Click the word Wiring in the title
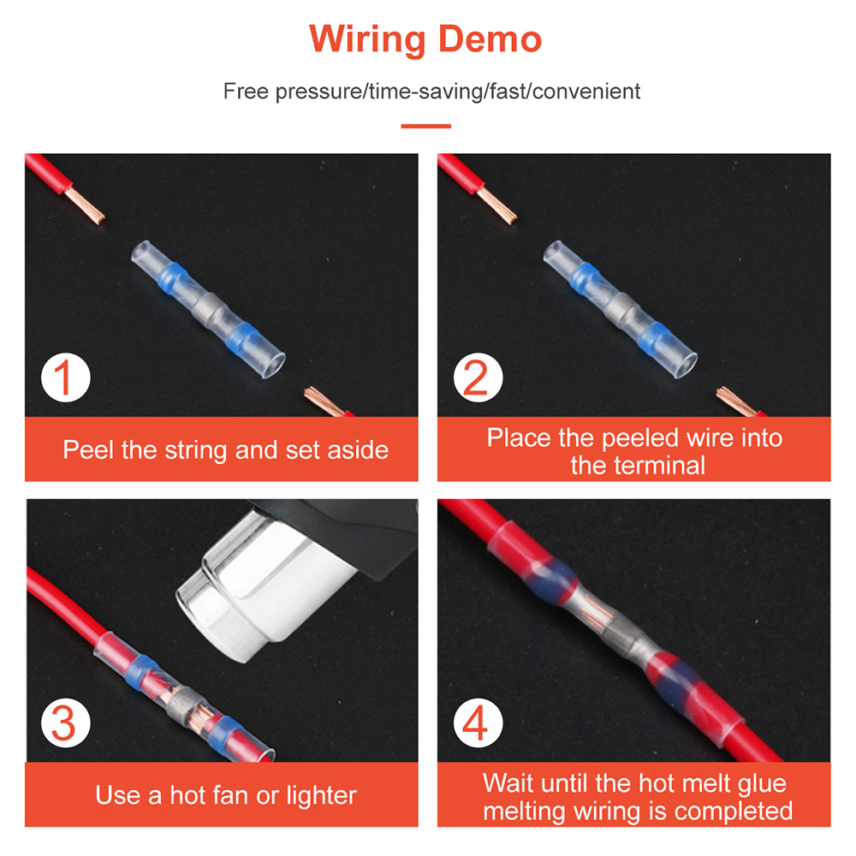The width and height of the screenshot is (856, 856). [367, 40]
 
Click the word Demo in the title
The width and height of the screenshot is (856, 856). [490, 39]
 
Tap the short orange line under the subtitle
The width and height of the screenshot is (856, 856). [425, 126]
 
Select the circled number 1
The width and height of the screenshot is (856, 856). [66, 377]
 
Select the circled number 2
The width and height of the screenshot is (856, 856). [478, 377]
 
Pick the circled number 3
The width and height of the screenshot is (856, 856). [66, 722]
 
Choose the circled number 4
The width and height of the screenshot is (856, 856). [478, 722]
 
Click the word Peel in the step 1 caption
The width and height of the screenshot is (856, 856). [88, 450]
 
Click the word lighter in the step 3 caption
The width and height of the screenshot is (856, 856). [322, 796]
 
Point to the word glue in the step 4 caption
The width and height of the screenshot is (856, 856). [762, 784]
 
